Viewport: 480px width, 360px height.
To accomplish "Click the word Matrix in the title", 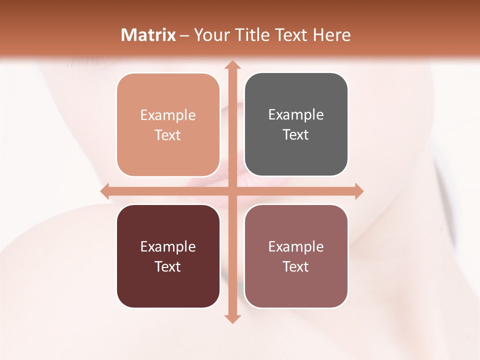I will coord(148,35).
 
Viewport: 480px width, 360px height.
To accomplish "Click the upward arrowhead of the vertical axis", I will coord(232,65).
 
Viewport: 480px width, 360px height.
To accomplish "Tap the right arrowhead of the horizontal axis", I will coord(358,191).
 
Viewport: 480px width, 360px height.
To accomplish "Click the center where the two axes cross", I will coord(232,191).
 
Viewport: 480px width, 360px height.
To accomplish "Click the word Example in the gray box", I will coord(296,115).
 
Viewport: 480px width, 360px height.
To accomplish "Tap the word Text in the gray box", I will coord(296,135).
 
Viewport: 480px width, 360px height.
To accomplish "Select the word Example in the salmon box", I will coord(168,115).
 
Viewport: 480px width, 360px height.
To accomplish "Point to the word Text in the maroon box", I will coord(168,266).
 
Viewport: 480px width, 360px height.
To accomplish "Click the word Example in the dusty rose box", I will coord(296,246).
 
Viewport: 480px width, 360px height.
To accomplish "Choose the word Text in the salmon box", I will coord(168,135).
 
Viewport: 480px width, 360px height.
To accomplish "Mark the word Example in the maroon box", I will coord(168,246).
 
